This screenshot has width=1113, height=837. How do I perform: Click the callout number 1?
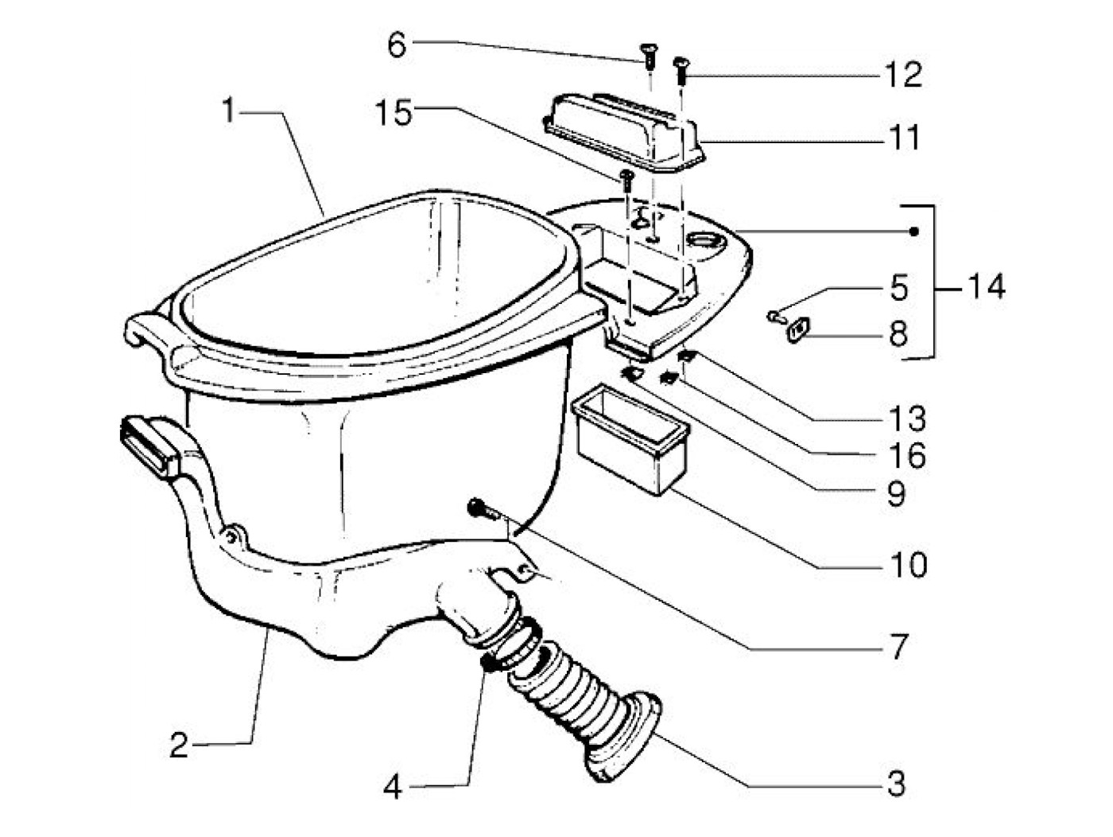tap(229, 111)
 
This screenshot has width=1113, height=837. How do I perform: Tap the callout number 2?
tap(180, 746)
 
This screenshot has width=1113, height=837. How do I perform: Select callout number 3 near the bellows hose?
tap(896, 784)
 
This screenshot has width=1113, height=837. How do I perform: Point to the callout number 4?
tap(393, 788)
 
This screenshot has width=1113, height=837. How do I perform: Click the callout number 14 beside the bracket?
tap(986, 286)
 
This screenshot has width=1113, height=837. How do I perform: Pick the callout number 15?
tap(394, 113)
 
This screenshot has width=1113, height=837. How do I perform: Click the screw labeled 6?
tap(646, 54)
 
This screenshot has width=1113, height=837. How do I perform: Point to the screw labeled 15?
tap(626, 179)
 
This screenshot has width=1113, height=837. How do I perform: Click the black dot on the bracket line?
tap(914, 232)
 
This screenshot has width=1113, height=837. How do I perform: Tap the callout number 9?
tap(897, 494)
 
